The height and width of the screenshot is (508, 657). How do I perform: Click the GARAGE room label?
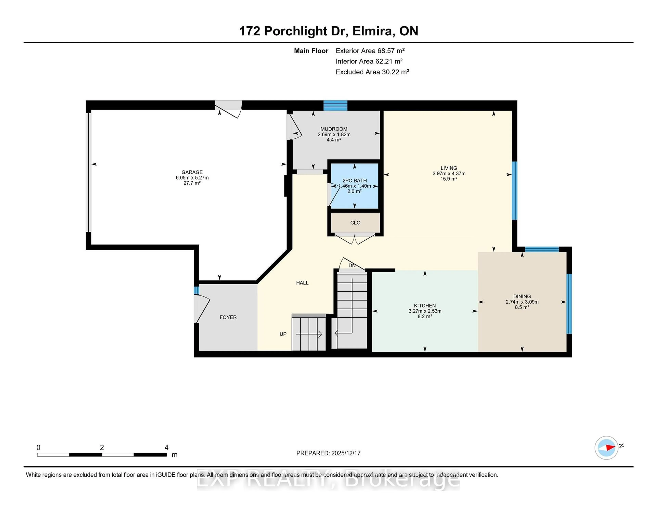(x=192, y=172)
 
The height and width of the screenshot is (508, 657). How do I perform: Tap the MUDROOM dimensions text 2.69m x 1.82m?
(x=334, y=135)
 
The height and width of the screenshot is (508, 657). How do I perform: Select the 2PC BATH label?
(x=354, y=181)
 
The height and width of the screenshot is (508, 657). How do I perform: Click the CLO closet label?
(x=355, y=223)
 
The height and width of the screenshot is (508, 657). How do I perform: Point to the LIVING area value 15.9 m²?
(x=449, y=179)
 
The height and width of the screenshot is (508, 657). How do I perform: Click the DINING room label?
(x=522, y=296)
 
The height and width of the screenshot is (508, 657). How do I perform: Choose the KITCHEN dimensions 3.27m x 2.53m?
(x=425, y=311)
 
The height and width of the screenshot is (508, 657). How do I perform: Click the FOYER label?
(x=228, y=317)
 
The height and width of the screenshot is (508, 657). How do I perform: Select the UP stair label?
(x=283, y=334)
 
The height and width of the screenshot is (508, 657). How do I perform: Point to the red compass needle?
(x=610, y=448)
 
